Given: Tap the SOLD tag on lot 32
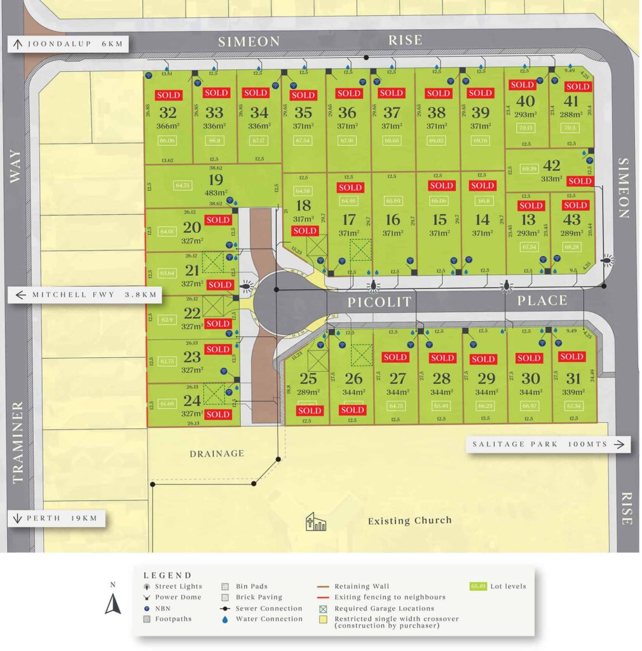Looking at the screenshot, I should click(168, 95).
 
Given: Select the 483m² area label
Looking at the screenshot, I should click(216, 193).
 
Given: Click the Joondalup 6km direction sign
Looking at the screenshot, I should click(68, 44).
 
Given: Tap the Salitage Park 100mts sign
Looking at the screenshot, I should click(548, 444).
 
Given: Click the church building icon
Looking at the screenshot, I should click(315, 522).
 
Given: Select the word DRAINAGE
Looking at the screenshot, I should click(216, 453).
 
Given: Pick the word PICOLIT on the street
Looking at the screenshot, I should click(379, 302).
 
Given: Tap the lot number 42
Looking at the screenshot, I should click(552, 166).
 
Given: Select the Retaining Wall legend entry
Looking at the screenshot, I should click(362, 586).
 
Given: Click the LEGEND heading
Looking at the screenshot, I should click(167, 575).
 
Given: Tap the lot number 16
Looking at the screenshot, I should click(393, 220).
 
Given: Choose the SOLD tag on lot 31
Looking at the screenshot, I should click(571, 357).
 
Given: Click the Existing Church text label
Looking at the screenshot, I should click(410, 521).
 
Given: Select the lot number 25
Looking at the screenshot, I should click(308, 379).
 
